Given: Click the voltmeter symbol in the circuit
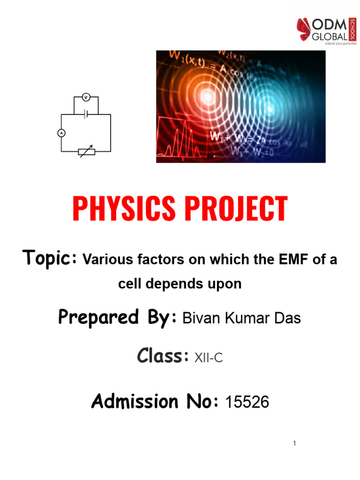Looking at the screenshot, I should [86, 97].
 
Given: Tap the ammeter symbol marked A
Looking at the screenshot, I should [60, 133].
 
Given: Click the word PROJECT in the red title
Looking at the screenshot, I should [239, 209].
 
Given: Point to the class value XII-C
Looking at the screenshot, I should [206, 359].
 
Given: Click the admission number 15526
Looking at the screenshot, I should [247, 402].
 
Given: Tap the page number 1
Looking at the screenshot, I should [294, 443].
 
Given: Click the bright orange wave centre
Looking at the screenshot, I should [206, 96].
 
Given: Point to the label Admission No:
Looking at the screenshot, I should [155, 401].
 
